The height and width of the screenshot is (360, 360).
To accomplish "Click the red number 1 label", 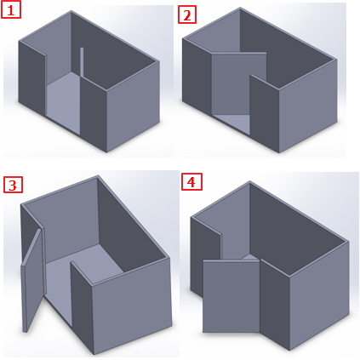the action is click(x=11, y=10).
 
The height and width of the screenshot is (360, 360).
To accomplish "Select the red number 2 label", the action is click(x=187, y=14).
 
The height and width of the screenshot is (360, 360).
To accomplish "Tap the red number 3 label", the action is click(x=13, y=185).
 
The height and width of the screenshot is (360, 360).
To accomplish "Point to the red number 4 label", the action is click(x=191, y=181).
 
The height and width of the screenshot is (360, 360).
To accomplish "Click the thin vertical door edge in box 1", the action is click(x=82, y=62).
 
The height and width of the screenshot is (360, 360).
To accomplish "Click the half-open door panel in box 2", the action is click(x=239, y=83).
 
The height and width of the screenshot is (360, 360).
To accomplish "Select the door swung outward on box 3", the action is click(x=32, y=279).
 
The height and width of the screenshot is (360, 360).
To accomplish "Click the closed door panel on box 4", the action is click(x=231, y=296).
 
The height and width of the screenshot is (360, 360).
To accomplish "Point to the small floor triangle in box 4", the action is click(x=249, y=257).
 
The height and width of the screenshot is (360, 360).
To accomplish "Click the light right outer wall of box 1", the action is click(x=133, y=106).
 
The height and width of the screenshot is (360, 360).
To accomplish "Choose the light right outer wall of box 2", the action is click(x=308, y=106).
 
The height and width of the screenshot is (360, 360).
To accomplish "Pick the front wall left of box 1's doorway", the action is click(x=32, y=78).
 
